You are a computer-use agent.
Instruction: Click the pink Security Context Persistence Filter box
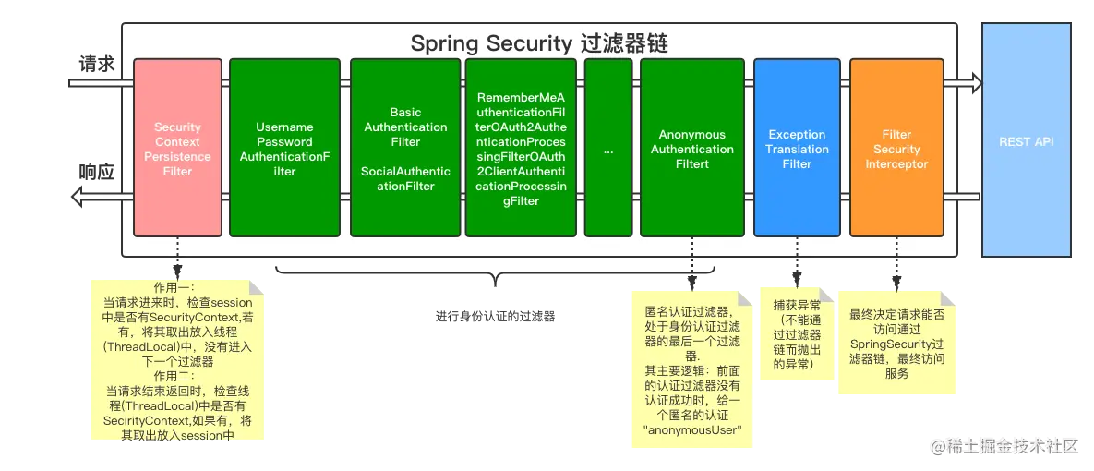[177, 148]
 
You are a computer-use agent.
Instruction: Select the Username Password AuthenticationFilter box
[284, 148]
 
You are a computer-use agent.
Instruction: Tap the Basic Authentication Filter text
[405, 127]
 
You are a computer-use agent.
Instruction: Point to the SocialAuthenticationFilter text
[405, 178]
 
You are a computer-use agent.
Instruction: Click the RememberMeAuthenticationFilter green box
[522, 148]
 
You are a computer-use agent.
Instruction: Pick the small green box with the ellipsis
[607, 148]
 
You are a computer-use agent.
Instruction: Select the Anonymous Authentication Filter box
[691, 148]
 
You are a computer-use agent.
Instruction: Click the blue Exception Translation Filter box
[797, 148]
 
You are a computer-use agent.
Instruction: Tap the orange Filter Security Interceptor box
[896, 148]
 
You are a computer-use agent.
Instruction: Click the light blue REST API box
[1026, 141]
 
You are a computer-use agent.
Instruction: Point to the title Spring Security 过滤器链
[539, 43]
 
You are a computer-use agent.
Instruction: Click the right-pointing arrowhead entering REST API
[975, 83]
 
